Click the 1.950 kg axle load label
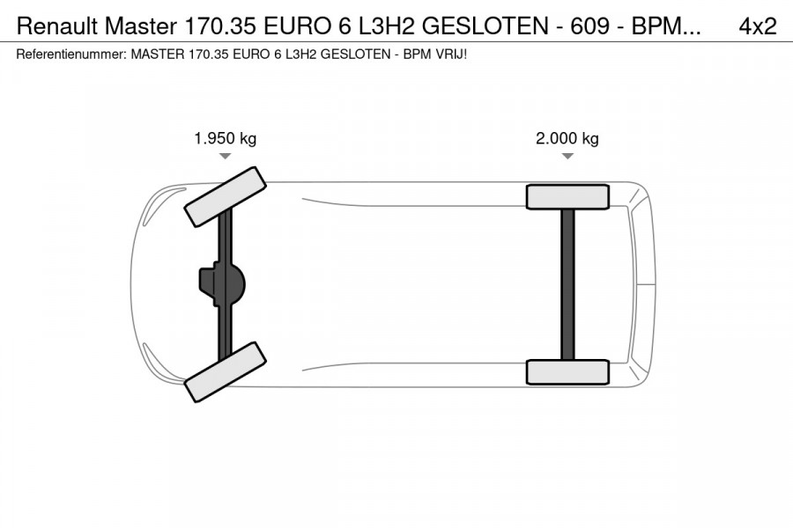click(225, 138)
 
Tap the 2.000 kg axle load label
click(567, 138)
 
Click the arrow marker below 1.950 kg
click(225, 156)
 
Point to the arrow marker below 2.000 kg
click(567, 156)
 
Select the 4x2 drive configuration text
click(757, 26)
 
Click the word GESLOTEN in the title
click(485, 26)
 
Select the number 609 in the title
click(589, 26)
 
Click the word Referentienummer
click(71, 54)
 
